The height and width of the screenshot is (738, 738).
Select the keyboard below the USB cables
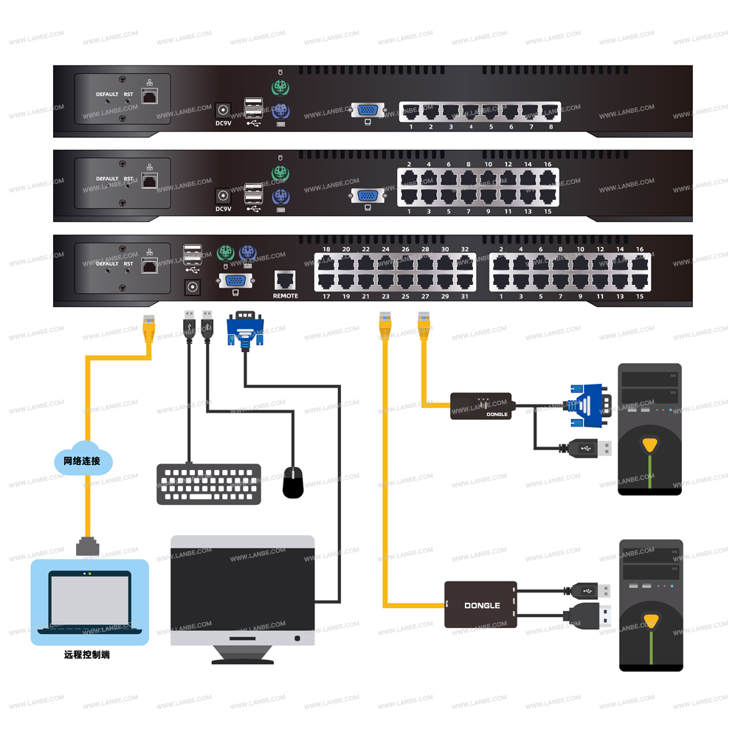click(x=208, y=484)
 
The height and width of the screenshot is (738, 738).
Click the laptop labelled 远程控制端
click(x=89, y=601)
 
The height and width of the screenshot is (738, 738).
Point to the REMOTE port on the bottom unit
click(x=285, y=281)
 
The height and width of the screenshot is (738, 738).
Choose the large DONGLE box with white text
click(x=480, y=605)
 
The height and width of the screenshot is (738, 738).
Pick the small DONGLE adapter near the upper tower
click(x=482, y=406)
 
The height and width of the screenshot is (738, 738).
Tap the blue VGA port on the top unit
click(x=368, y=110)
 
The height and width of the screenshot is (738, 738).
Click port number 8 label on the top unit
click(x=551, y=127)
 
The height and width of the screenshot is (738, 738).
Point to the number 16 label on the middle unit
click(x=548, y=165)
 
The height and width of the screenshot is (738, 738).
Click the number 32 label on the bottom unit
click(x=464, y=249)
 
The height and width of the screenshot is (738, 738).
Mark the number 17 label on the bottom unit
click(x=325, y=297)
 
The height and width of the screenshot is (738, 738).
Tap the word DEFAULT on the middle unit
click(x=107, y=179)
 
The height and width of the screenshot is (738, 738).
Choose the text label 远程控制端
click(x=86, y=655)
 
